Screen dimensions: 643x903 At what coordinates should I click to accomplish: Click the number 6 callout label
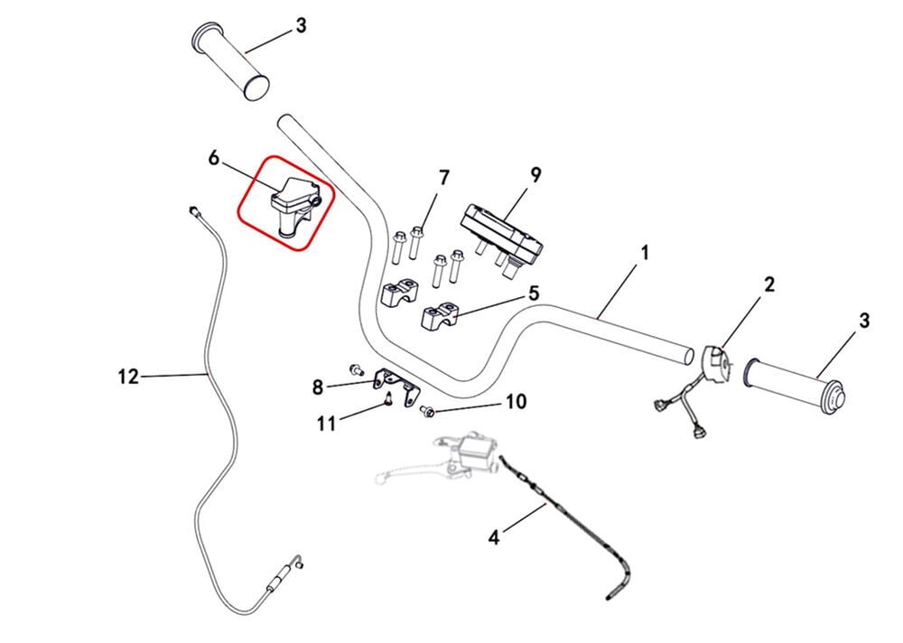214,158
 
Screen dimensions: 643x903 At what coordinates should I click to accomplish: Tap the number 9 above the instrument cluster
535,175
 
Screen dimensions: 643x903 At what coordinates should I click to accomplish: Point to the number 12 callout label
129,377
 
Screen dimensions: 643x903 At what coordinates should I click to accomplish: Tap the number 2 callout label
768,285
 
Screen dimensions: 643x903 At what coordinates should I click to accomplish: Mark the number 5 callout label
534,293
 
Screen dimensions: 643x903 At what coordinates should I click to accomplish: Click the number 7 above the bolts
443,178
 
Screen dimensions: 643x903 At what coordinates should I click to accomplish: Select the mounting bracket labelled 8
398,383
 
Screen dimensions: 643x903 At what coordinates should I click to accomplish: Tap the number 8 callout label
318,388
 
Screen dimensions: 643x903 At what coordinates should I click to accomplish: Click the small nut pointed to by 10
428,413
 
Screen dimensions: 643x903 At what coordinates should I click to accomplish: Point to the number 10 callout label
515,401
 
